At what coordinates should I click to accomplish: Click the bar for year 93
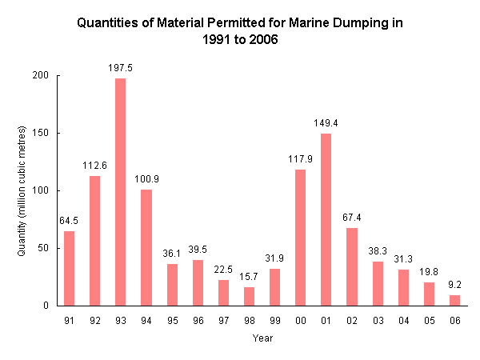120,192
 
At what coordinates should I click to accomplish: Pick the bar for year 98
249,296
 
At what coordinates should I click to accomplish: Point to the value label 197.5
120,68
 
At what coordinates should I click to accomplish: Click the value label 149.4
326,123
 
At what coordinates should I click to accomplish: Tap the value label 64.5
69,221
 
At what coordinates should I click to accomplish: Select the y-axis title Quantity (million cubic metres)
22,190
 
